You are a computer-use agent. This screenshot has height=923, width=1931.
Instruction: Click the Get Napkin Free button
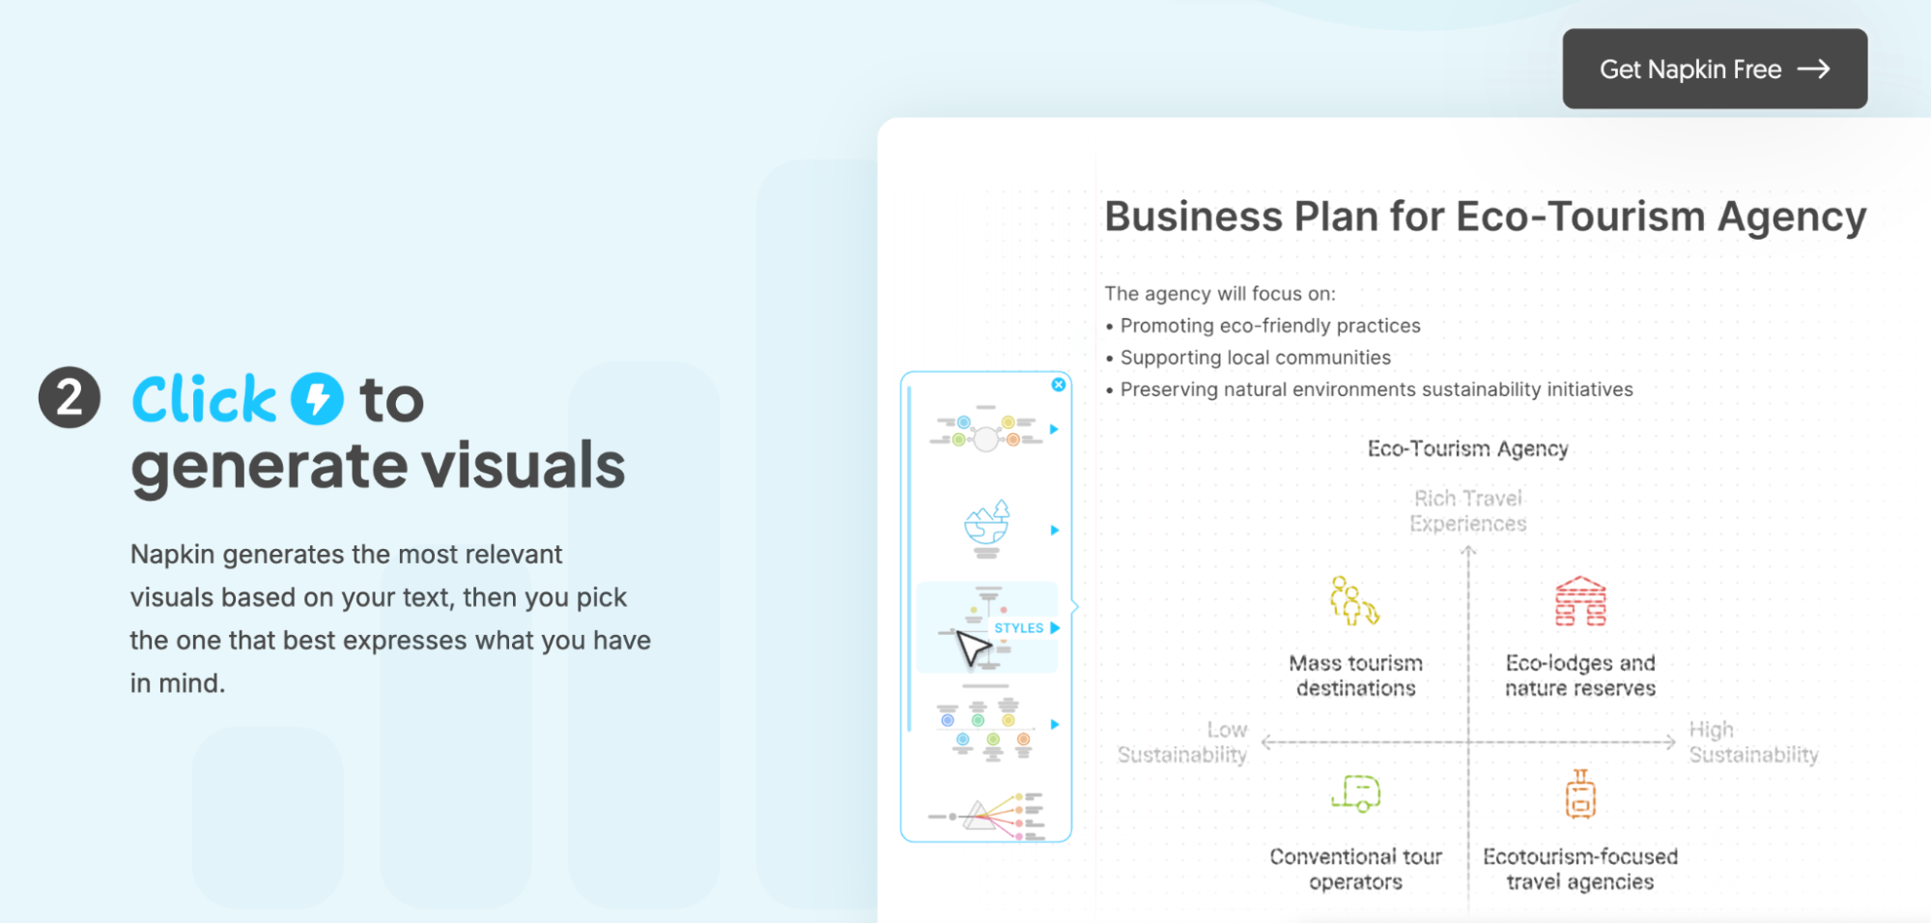(x=1715, y=69)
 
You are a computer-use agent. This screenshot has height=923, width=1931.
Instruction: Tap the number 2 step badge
(x=70, y=397)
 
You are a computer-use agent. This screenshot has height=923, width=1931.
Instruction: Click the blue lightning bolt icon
(x=318, y=398)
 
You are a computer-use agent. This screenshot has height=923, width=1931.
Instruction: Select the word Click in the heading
(x=204, y=399)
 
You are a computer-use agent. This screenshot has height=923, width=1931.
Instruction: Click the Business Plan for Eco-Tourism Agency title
(x=1486, y=216)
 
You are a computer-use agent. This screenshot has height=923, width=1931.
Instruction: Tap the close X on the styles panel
(x=1059, y=385)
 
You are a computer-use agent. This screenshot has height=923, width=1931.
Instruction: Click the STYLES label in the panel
(x=1019, y=628)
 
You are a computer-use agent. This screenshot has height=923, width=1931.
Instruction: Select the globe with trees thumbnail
(x=986, y=529)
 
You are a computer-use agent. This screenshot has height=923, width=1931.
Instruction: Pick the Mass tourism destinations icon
(x=1354, y=600)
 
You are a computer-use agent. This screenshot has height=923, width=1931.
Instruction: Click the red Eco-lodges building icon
(x=1580, y=601)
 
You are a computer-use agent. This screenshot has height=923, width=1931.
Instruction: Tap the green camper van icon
(x=1356, y=793)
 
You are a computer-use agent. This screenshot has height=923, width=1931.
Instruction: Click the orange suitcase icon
(x=1580, y=793)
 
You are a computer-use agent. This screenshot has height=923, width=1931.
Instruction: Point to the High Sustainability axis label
(x=1753, y=742)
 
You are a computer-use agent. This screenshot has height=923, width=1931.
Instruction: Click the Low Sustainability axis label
(x=1182, y=742)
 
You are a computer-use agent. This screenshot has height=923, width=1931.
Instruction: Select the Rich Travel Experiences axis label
(x=1468, y=510)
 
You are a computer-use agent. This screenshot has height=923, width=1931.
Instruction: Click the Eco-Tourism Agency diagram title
(x=1468, y=448)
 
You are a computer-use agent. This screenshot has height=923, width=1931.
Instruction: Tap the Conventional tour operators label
(x=1355, y=869)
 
